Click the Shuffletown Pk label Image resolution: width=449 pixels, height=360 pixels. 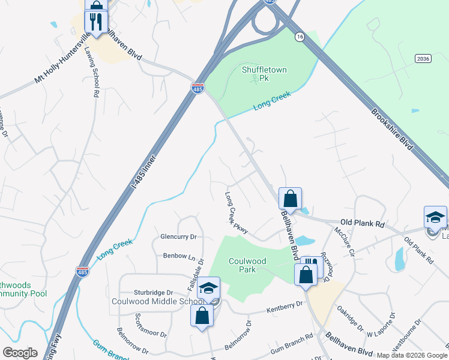(264, 74)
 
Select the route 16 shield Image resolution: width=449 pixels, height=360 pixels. (299, 37)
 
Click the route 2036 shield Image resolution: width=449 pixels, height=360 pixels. (423, 58)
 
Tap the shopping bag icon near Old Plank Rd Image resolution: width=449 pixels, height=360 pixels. (290, 199)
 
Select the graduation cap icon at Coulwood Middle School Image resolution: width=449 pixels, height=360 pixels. (209, 289)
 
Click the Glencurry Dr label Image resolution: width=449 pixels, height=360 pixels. (178, 237)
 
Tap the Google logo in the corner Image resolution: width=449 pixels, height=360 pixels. (20, 353)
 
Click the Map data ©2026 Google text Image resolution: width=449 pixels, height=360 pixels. (412, 355)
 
